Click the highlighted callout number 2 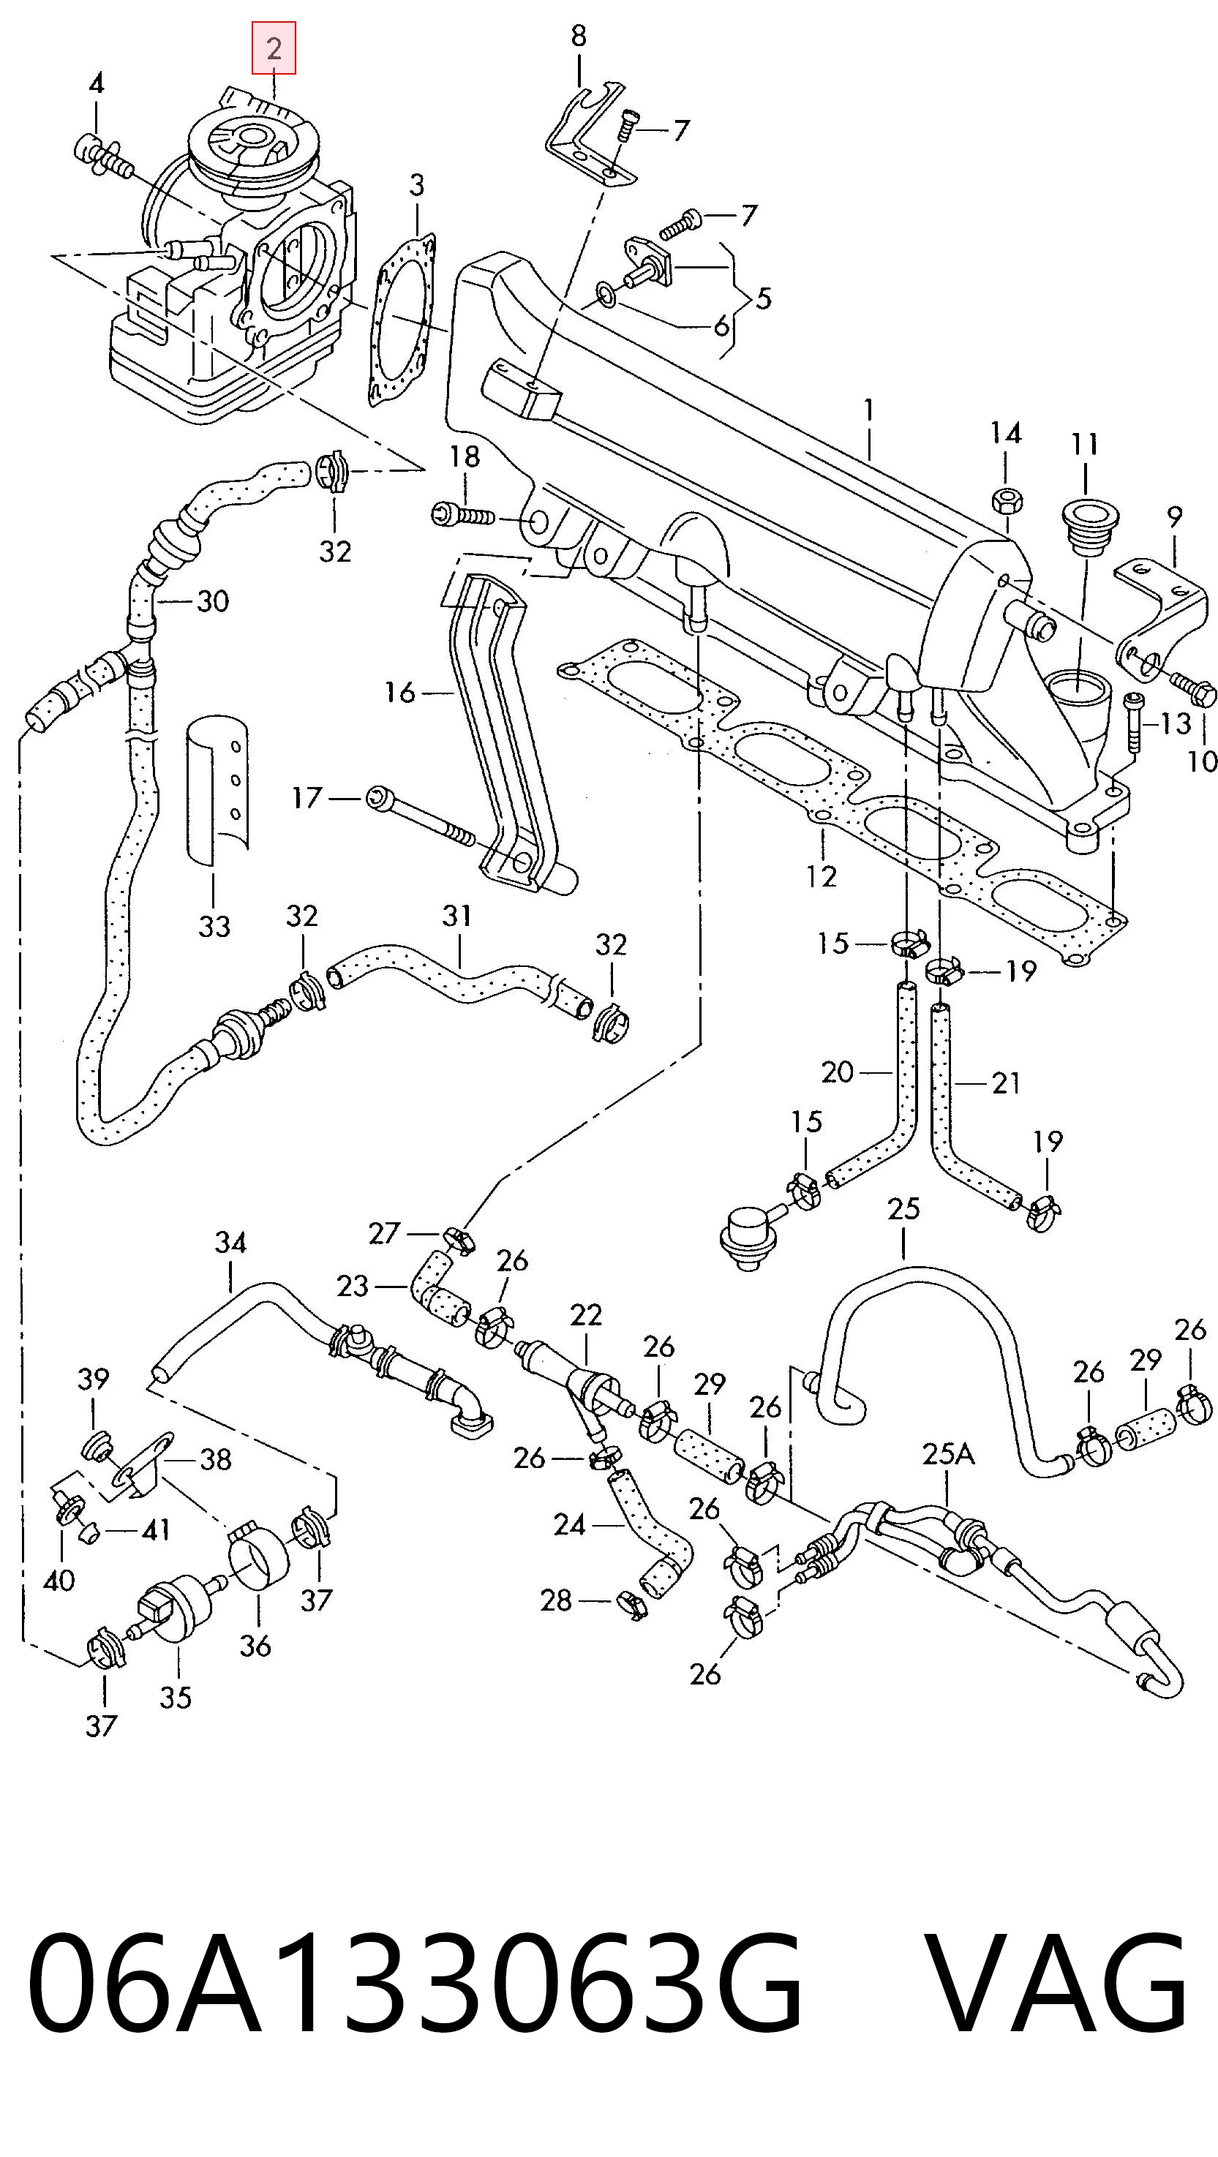[x=274, y=48]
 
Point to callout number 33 [x=214, y=926]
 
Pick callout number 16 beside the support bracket [x=399, y=693]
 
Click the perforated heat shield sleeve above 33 [x=217, y=788]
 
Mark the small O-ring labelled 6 [x=605, y=294]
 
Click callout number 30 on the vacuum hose [x=213, y=601]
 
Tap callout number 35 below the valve [x=176, y=1698]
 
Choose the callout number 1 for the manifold [x=870, y=410]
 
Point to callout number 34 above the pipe [x=230, y=1241]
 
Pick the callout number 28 [x=556, y=1600]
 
